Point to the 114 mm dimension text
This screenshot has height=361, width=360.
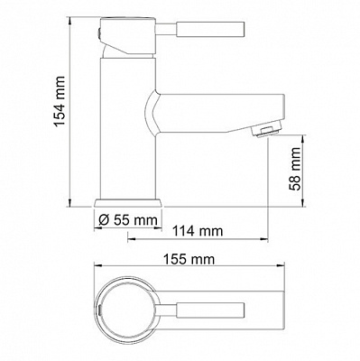(x=198, y=232)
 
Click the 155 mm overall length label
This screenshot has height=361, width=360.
(x=189, y=259)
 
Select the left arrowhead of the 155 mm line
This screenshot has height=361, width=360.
(x=96, y=270)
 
